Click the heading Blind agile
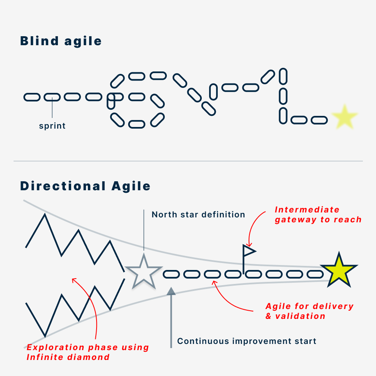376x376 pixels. click(61, 41)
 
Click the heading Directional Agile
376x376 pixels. click(85, 186)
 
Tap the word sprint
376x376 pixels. click(52, 126)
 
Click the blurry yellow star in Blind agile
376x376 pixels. click(344, 117)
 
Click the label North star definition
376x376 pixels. click(198, 215)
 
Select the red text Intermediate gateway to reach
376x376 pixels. click(318, 215)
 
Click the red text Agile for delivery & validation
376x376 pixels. click(309, 311)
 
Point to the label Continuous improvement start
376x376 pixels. click(247, 341)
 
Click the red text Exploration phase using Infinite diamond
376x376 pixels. click(88, 352)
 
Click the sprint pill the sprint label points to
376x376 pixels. click(52, 97)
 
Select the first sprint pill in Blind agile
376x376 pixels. click(32, 97)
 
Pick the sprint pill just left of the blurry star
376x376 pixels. click(319, 120)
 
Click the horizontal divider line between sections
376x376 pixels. click(188, 161)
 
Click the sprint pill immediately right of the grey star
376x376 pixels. click(172, 274)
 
